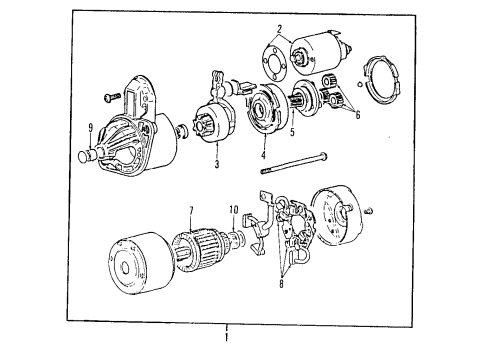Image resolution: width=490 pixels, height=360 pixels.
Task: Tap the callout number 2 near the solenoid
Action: tap(281, 31)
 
